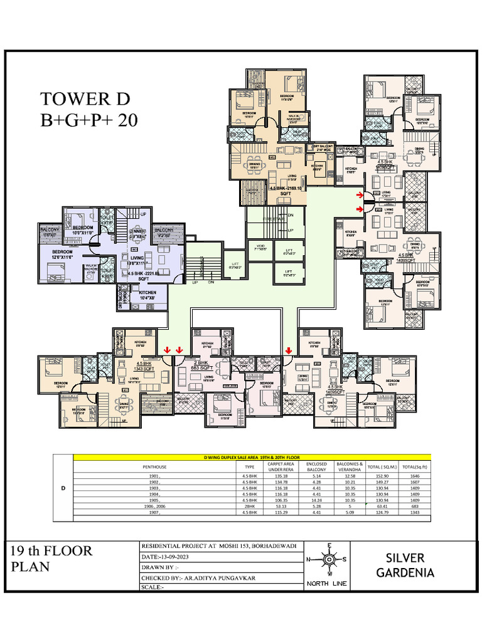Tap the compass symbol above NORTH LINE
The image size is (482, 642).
328,559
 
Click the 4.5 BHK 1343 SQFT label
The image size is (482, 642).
144,366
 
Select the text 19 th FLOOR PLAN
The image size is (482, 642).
51,558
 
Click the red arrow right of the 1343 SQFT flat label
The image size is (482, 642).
168,350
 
